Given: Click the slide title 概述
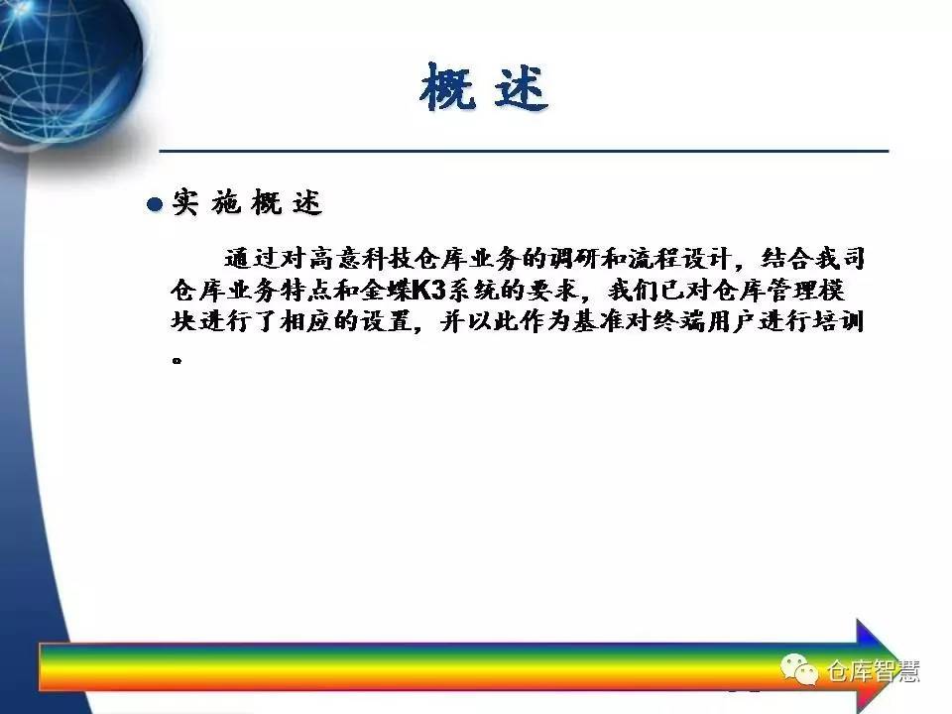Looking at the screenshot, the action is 484,88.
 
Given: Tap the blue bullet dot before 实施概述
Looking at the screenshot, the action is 155,204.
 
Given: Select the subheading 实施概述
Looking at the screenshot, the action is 247,202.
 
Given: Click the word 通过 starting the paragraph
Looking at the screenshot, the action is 251,259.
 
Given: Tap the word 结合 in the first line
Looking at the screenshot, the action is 786,259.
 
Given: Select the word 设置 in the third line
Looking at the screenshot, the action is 386,321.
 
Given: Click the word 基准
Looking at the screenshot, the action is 598,321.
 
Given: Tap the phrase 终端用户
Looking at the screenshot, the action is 705,321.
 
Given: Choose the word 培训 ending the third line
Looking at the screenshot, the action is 839,321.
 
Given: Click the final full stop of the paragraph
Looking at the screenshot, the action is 178,360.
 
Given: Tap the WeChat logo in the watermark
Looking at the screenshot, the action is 798,669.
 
